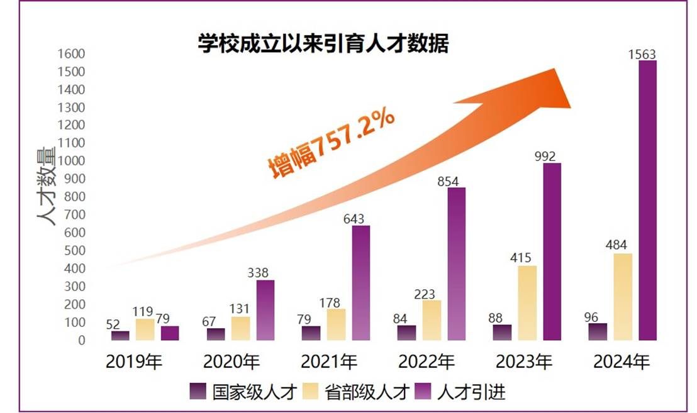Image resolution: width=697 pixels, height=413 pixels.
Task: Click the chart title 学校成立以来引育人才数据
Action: coord(323,45)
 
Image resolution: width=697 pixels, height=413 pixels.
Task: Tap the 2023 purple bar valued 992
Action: coord(552,251)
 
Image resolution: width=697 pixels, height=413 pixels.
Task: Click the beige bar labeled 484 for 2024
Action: coord(622,297)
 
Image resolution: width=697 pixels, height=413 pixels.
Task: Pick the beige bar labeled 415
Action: coord(527,303)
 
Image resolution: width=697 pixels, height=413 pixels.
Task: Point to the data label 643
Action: coord(360,219)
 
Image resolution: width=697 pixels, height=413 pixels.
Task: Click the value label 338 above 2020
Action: coord(265,273)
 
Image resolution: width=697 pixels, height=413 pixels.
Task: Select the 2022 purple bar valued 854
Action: coord(457,264)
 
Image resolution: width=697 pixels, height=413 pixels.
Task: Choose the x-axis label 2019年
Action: coord(135,363)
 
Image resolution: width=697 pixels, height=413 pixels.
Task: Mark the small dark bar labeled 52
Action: coord(120,336)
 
